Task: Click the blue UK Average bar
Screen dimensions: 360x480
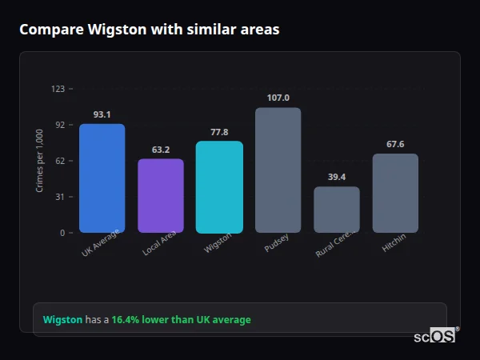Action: [x=102, y=178]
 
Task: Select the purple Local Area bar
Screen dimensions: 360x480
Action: [x=161, y=195]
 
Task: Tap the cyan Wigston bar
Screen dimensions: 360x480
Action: [x=219, y=186]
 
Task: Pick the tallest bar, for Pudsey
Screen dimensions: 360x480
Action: [x=278, y=170]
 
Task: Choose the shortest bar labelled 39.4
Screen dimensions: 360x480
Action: [x=336, y=209]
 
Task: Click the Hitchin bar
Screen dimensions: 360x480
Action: [x=395, y=193]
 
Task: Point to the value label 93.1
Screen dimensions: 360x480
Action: [x=102, y=114]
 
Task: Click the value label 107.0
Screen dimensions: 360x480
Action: [x=278, y=98]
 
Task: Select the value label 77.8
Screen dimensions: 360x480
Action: [x=219, y=132]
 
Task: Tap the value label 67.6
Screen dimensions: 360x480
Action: [x=395, y=144]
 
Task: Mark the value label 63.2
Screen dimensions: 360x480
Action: [x=161, y=150]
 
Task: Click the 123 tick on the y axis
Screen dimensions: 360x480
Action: [x=58, y=89]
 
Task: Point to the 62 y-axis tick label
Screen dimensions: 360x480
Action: [x=60, y=161]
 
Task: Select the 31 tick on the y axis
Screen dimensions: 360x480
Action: [x=60, y=197]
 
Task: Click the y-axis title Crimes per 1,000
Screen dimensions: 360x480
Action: [x=40, y=161]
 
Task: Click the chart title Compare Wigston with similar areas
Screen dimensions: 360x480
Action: [x=150, y=30]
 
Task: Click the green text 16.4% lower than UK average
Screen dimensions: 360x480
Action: [x=181, y=320]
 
